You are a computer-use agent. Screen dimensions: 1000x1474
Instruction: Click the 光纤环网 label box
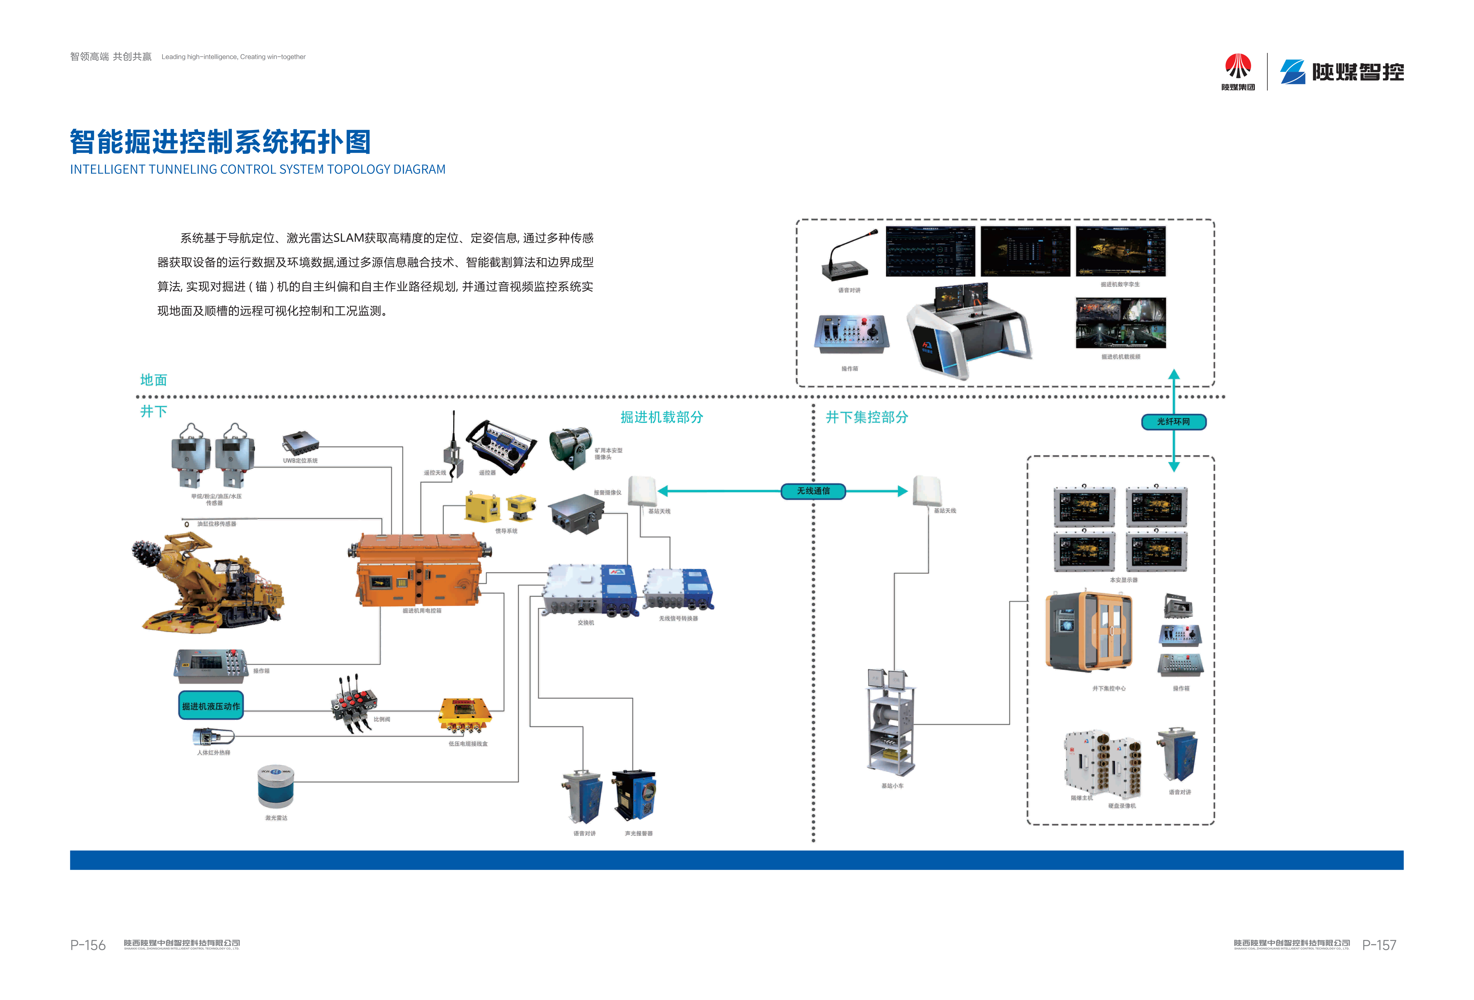click(x=1173, y=422)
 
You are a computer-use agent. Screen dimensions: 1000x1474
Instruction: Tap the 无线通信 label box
click(x=813, y=491)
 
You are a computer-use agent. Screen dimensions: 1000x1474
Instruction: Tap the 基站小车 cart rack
click(x=891, y=723)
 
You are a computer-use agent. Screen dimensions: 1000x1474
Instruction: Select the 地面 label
click(x=154, y=380)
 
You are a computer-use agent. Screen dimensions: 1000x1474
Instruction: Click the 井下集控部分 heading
click(x=866, y=417)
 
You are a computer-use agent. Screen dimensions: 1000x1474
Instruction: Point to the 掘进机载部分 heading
click(x=662, y=417)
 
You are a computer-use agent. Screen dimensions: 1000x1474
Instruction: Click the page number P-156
click(x=88, y=945)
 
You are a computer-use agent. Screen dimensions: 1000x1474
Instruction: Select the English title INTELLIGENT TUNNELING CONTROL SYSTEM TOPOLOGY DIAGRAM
click(x=258, y=169)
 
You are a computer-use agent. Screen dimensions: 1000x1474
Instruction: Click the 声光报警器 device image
click(x=634, y=796)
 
